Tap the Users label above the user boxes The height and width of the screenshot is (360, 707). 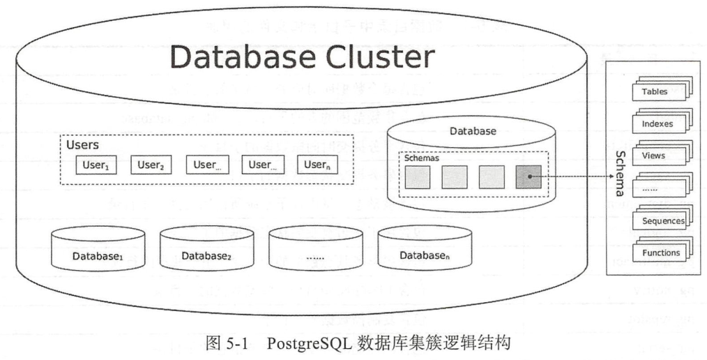pyautogui.click(x=82, y=145)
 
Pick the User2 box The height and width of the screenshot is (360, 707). pyautogui.click(x=151, y=165)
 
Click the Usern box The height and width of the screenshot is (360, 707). pyautogui.click(x=317, y=165)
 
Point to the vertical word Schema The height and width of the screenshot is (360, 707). pyautogui.click(x=618, y=172)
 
